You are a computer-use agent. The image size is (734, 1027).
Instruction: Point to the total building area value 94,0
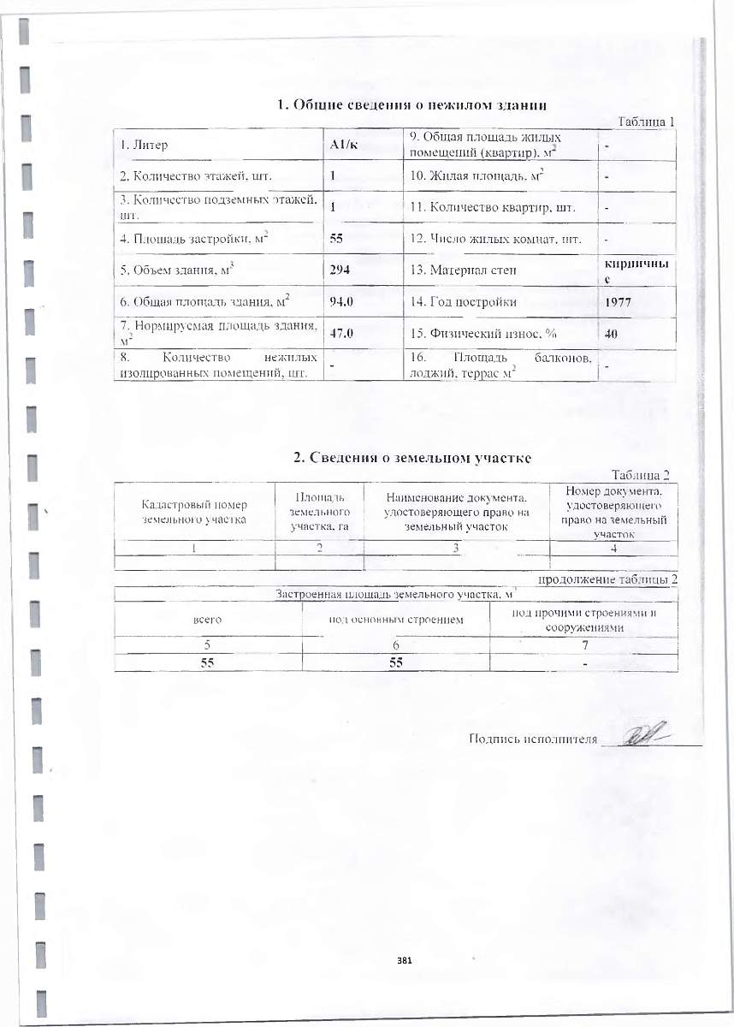(x=343, y=302)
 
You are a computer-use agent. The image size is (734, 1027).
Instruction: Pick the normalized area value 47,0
(x=343, y=334)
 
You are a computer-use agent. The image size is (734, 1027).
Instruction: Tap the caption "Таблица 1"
(x=646, y=122)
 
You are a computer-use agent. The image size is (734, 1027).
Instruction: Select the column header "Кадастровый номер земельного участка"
(x=192, y=512)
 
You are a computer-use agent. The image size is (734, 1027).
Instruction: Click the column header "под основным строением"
(x=396, y=619)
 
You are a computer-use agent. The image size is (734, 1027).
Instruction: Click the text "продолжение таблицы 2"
(x=607, y=580)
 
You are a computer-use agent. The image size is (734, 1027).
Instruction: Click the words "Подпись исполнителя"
(x=532, y=739)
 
